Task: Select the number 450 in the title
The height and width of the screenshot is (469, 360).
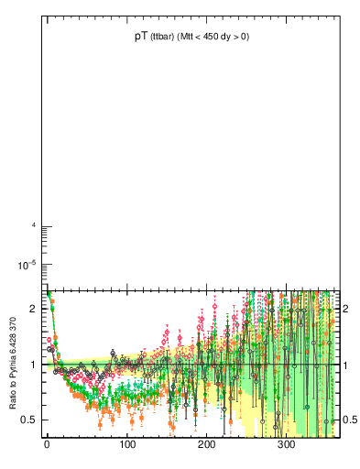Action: (x=218, y=38)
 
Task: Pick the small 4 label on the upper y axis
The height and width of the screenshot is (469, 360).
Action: (x=33, y=226)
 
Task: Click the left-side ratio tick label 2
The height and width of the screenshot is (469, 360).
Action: (x=31, y=309)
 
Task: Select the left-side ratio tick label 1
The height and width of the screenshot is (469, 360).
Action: (x=31, y=365)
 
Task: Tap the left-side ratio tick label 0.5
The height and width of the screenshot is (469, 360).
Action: (x=27, y=420)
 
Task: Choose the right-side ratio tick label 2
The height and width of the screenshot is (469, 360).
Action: (x=348, y=309)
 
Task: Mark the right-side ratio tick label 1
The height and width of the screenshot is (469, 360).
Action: (x=348, y=365)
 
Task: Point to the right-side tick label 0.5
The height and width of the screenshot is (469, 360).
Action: (x=351, y=420)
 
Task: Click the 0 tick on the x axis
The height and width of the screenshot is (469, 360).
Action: (x=47, y=445)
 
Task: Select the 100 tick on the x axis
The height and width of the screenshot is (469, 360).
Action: (x=126, y=445)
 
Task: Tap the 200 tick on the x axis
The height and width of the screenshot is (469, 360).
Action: (x=206, y=445)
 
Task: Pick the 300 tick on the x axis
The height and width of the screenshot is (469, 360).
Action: (x=286, y=445)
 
